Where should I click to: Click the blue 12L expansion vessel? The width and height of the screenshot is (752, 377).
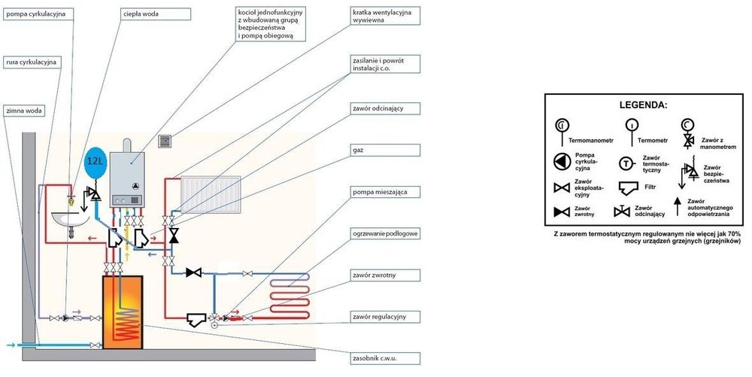(95, 162)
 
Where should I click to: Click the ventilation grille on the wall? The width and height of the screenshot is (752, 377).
(166, 140)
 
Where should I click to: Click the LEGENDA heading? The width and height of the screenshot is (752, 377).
(647, 105)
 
